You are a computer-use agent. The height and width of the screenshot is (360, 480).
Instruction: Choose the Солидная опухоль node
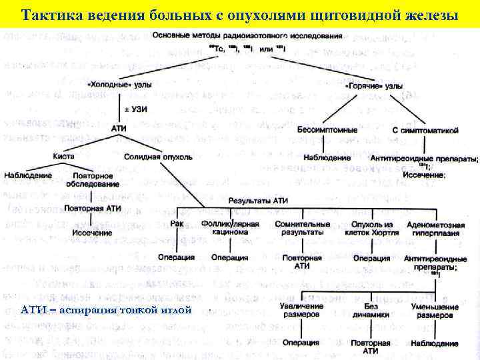click(x=158, y=157)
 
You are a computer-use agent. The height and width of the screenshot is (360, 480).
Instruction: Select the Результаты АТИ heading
click(x=258, y=200)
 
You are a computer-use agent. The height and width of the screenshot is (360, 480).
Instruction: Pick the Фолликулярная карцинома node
click(x=229, y=228)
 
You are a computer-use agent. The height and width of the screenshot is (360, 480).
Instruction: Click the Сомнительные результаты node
click(x=303, y=228)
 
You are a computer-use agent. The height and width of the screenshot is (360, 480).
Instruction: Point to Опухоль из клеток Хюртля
click(x=372, y=228)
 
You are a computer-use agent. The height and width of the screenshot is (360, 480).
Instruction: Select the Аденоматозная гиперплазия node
click(x=432, y=228)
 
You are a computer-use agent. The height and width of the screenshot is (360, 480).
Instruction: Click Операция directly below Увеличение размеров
click(x=300, y=343)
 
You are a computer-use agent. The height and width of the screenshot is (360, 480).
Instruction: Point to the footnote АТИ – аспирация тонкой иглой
click(x=107, y=310)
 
